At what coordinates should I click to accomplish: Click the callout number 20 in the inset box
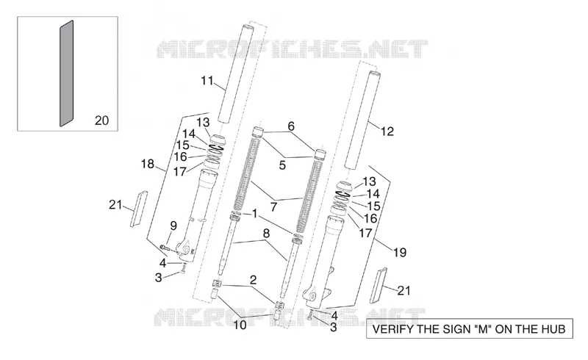[x=101, y=120]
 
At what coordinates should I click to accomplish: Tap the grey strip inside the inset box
[x=67, y=73]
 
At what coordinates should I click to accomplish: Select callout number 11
[x=207, y=81]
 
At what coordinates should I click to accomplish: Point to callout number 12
[x=387, y=132]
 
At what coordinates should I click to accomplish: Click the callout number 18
[x=148, y=164]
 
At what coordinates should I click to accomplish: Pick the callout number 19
[x=400, y=253]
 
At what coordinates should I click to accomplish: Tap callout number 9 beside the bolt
[x=173, y=226]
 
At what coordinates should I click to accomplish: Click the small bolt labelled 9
[x=165, y=247]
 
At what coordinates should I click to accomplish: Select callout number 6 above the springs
[x=291, y=126]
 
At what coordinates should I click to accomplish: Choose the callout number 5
[x=282, y=165]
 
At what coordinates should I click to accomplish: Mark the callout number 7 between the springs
[x=273, y=206]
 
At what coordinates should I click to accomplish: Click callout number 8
[x=266, y=233]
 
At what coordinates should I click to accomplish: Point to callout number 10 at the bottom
[x=240, y=325]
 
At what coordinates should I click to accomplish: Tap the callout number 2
[x=253, y=280]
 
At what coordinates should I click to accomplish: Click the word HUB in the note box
[x=552, y=329]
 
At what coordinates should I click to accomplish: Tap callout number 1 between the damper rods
[x=254, y=214]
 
